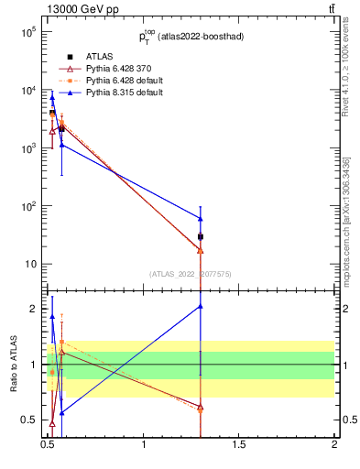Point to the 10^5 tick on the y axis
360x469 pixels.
click(27, 32)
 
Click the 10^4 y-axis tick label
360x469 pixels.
click(27, 90)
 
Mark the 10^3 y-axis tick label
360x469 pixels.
click(27, 147)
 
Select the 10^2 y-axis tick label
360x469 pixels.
click(27, 206)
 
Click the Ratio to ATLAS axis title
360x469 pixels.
click(13, 365)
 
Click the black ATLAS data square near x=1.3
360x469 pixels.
click(201, 236)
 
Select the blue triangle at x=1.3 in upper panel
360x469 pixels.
click(201, 218)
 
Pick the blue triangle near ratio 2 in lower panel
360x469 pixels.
click(201, 307)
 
